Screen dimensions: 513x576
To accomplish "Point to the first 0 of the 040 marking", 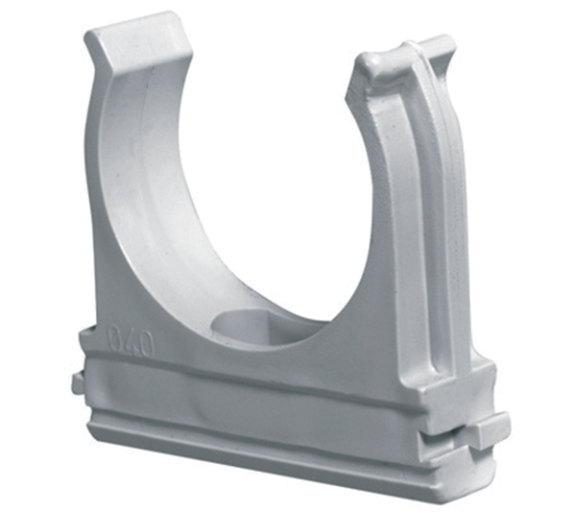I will (114, 337).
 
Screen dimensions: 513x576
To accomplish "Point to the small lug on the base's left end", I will (78, 382).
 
